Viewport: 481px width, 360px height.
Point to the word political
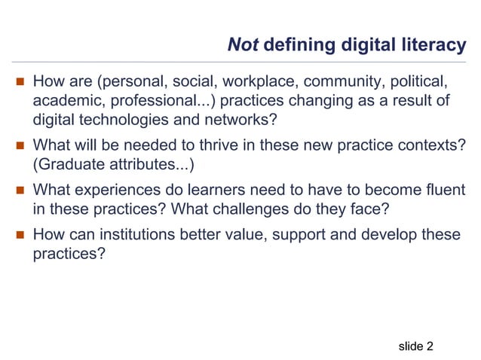[420, 80]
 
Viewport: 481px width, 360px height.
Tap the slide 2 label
[415, 346]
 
